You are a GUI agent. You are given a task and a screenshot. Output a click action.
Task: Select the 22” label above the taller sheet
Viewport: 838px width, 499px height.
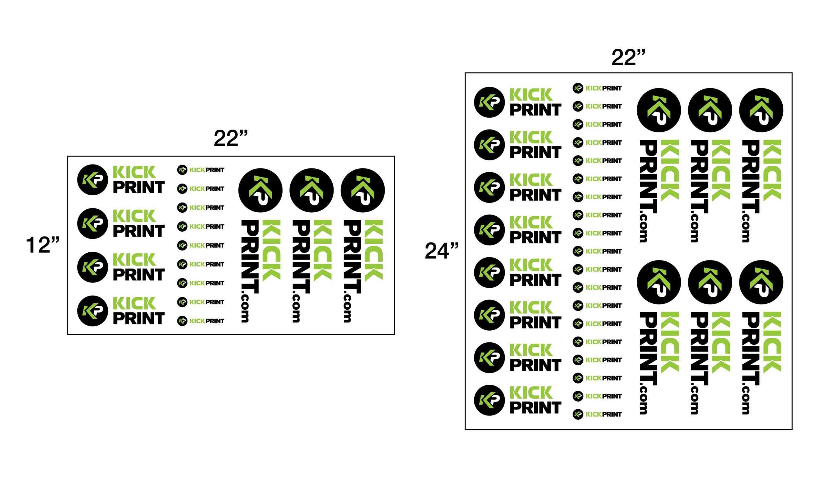click(x=628, y=57)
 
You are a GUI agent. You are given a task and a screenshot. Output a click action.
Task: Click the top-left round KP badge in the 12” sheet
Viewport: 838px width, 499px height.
click(x=93, y=180)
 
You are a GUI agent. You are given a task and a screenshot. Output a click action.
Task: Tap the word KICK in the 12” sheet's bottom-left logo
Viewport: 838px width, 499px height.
click(x=134, y=303)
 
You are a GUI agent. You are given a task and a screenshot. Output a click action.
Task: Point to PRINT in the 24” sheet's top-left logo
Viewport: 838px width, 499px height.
click(x=536, y=110)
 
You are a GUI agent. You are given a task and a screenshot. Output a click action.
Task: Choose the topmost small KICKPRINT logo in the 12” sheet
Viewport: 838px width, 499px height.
click(x=201, y=170)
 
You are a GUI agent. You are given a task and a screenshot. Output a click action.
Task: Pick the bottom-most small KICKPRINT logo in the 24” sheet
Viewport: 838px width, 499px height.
click(x=597, y=414)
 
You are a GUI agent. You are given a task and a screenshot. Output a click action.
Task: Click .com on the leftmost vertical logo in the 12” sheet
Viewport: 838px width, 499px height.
click(x=245, y=308)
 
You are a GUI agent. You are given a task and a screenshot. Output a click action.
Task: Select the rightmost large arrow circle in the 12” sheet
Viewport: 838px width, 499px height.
click(x=363, y=190)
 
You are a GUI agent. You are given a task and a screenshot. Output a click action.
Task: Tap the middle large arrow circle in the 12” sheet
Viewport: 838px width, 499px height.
click(x=312, y=190)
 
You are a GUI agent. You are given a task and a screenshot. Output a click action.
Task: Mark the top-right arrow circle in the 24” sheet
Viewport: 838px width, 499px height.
click(x=761, y=110)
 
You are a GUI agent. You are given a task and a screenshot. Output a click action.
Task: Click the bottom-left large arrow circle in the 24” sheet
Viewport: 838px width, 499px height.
click(x=659, y=282)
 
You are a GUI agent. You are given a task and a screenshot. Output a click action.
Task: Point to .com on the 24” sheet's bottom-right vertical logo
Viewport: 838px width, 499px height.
click(x=746, y=400)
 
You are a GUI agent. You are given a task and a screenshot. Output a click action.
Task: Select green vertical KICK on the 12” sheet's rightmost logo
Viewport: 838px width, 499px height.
click(x=373, y=250)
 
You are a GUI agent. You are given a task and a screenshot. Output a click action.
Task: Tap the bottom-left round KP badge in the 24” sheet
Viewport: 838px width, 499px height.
click(x=489, y=400)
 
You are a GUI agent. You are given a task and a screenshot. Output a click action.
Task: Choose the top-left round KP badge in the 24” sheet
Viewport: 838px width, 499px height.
click(x=489, y=102)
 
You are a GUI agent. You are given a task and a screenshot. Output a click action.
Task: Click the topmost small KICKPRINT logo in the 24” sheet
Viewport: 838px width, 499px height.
click(x=597, y=88)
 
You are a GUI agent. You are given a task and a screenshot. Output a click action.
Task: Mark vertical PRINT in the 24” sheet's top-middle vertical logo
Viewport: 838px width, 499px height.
click(x=700, y=177)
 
